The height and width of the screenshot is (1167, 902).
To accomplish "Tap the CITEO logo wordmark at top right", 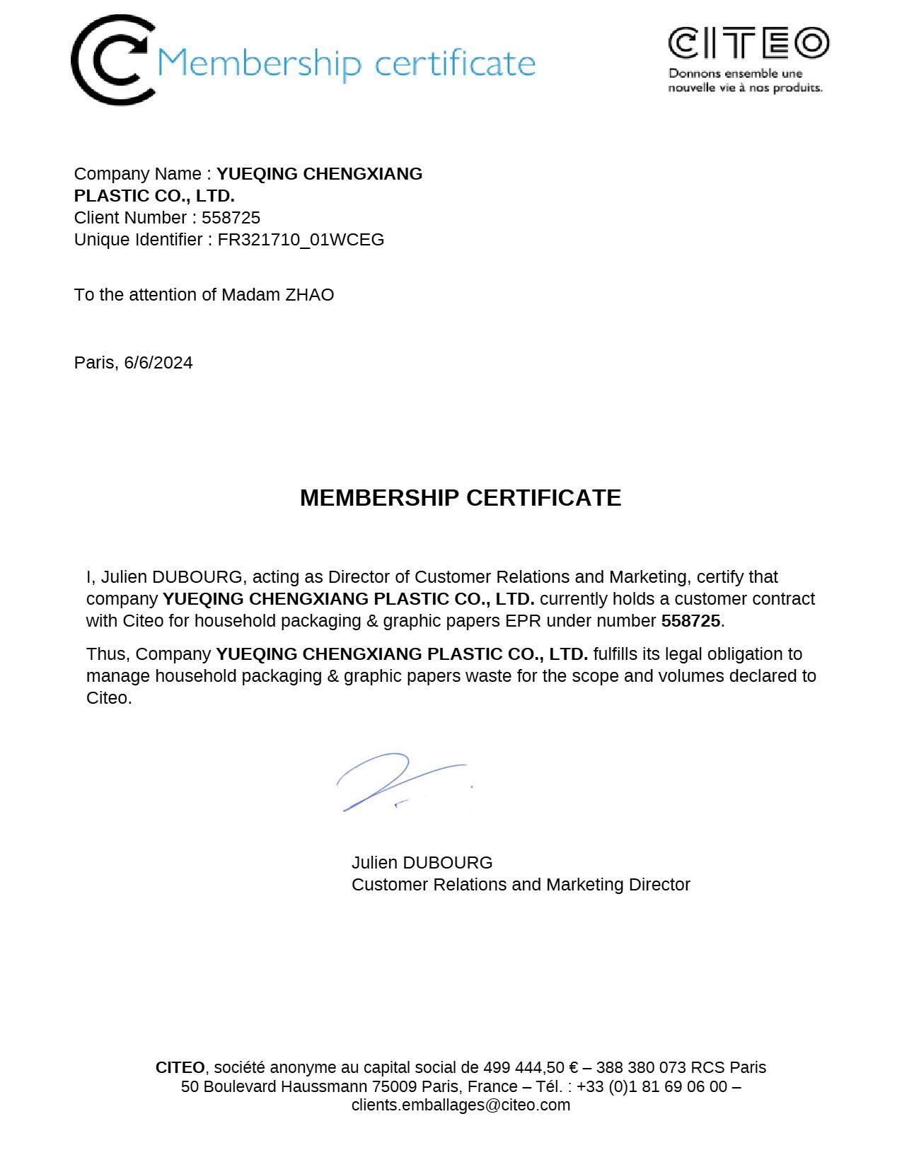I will click(x=748, y=44).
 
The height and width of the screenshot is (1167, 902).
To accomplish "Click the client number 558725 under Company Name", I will click(x=231, y=218).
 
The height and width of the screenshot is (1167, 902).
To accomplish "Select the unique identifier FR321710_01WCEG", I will click(x=301, y=240).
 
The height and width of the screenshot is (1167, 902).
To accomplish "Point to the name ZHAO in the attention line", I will click(x=309, y=295).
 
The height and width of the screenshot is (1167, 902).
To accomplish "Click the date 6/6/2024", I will click(x=158, y=363).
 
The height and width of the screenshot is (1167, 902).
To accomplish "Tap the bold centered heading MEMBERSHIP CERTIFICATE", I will click(x=461, y=498).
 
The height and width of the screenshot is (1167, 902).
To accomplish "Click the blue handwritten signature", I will click(x=400, y=782).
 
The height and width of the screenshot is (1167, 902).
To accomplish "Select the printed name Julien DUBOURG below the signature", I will click(x=422, y=863).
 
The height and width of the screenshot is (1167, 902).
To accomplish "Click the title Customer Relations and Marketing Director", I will click(x=521, y=885).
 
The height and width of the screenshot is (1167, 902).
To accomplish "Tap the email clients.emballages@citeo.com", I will click(x=461, y=1105).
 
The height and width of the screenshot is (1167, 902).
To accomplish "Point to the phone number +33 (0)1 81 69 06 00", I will click(x=652, y=1087).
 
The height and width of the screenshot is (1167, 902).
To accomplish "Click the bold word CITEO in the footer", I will click(x=180, y=1068).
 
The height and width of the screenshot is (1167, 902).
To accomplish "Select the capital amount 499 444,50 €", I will click(x=531, y=1068).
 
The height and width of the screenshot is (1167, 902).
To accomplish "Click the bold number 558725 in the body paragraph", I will click(x=690, y=621).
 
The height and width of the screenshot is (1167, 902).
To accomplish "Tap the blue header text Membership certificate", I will click(x=346, y=64).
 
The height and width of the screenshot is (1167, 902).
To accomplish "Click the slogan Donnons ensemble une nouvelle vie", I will click(x=745, y=81).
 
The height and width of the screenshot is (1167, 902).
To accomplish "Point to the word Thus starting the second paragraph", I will click(x=107, y=654).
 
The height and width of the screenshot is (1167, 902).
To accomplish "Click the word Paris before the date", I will click(x=95, y=363).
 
